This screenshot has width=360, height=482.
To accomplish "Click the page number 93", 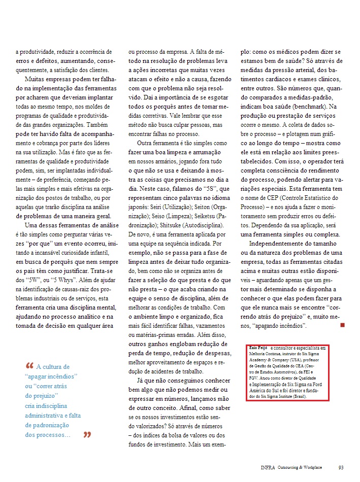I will pyautogui.click(x=341, y=467).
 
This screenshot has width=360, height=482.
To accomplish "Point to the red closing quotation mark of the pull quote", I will pyautogui.click(x=87, y=435).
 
